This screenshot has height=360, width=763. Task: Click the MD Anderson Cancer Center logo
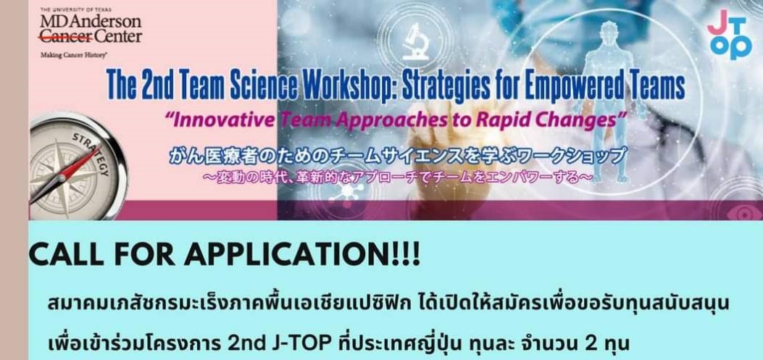[x=91, y=33]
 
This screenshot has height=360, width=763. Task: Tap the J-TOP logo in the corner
[x=730, y=35]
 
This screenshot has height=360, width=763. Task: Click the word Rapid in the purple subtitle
[x=513, y=120]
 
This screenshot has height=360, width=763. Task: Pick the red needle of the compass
[x=79, y=164]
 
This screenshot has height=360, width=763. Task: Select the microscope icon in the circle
[x=415, y=42]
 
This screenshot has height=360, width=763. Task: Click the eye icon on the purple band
[x=742, y=212]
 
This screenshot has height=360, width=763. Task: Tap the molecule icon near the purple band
[x=347, y=193]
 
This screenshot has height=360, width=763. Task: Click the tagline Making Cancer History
[x=74, y=56]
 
